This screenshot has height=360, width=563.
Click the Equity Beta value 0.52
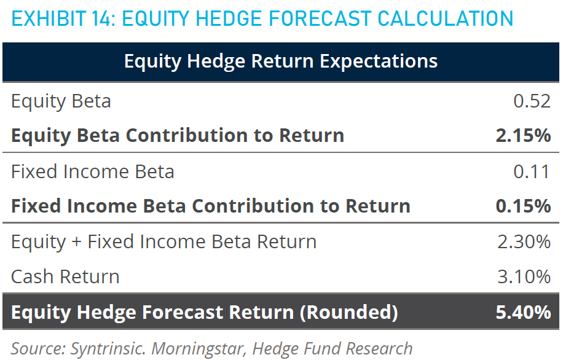click(x=532, y=101)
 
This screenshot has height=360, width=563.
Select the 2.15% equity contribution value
click(x=523, y=135)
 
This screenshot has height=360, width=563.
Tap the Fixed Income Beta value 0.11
click(x=532, y=171)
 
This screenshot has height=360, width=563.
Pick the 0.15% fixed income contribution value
click(x=523, y=206)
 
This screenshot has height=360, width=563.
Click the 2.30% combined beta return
click(x=524, y=241)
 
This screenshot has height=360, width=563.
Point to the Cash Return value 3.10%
click(x=524, y=276)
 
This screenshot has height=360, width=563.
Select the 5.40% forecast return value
click(x=523, y=312)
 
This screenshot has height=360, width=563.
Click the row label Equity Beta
click(x=61, y=101)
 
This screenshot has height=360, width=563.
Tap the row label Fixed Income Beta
click(x=93, y=171)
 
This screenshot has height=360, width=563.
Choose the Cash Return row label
click(x=65, y=276)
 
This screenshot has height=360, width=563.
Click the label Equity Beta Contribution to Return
click(x=178, y=136)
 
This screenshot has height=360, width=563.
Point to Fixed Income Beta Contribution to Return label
click(x=211, y=206)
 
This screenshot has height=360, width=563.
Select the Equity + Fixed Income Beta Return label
click(x=164, y=242)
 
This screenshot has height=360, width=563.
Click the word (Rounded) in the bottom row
click(x=348, y=312)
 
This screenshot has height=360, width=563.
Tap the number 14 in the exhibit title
click(x=103, y=18)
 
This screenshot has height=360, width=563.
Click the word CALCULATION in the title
click(x=445, y=18)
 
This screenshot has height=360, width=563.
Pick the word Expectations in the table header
click(x=379, y=61)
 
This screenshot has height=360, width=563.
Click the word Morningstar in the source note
click(x=197, y=348)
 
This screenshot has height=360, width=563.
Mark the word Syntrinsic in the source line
click(x=108, y=348)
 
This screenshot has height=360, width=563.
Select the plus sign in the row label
click(x=76, y=242)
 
